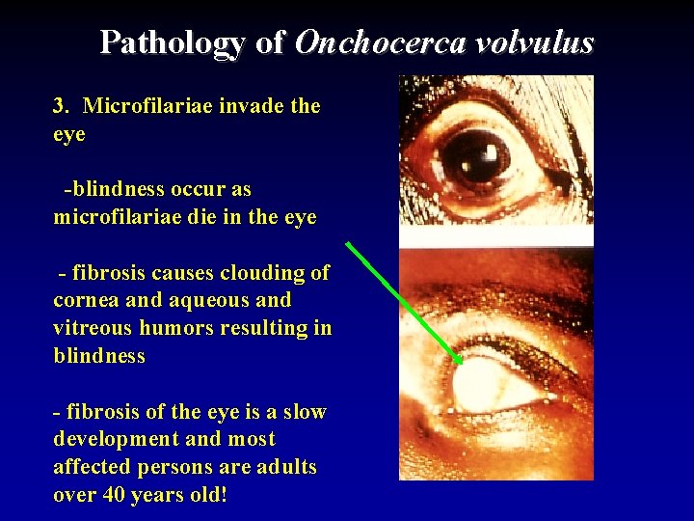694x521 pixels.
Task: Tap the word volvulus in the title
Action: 541,43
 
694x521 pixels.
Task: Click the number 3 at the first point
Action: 59,106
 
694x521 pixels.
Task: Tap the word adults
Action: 286,467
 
